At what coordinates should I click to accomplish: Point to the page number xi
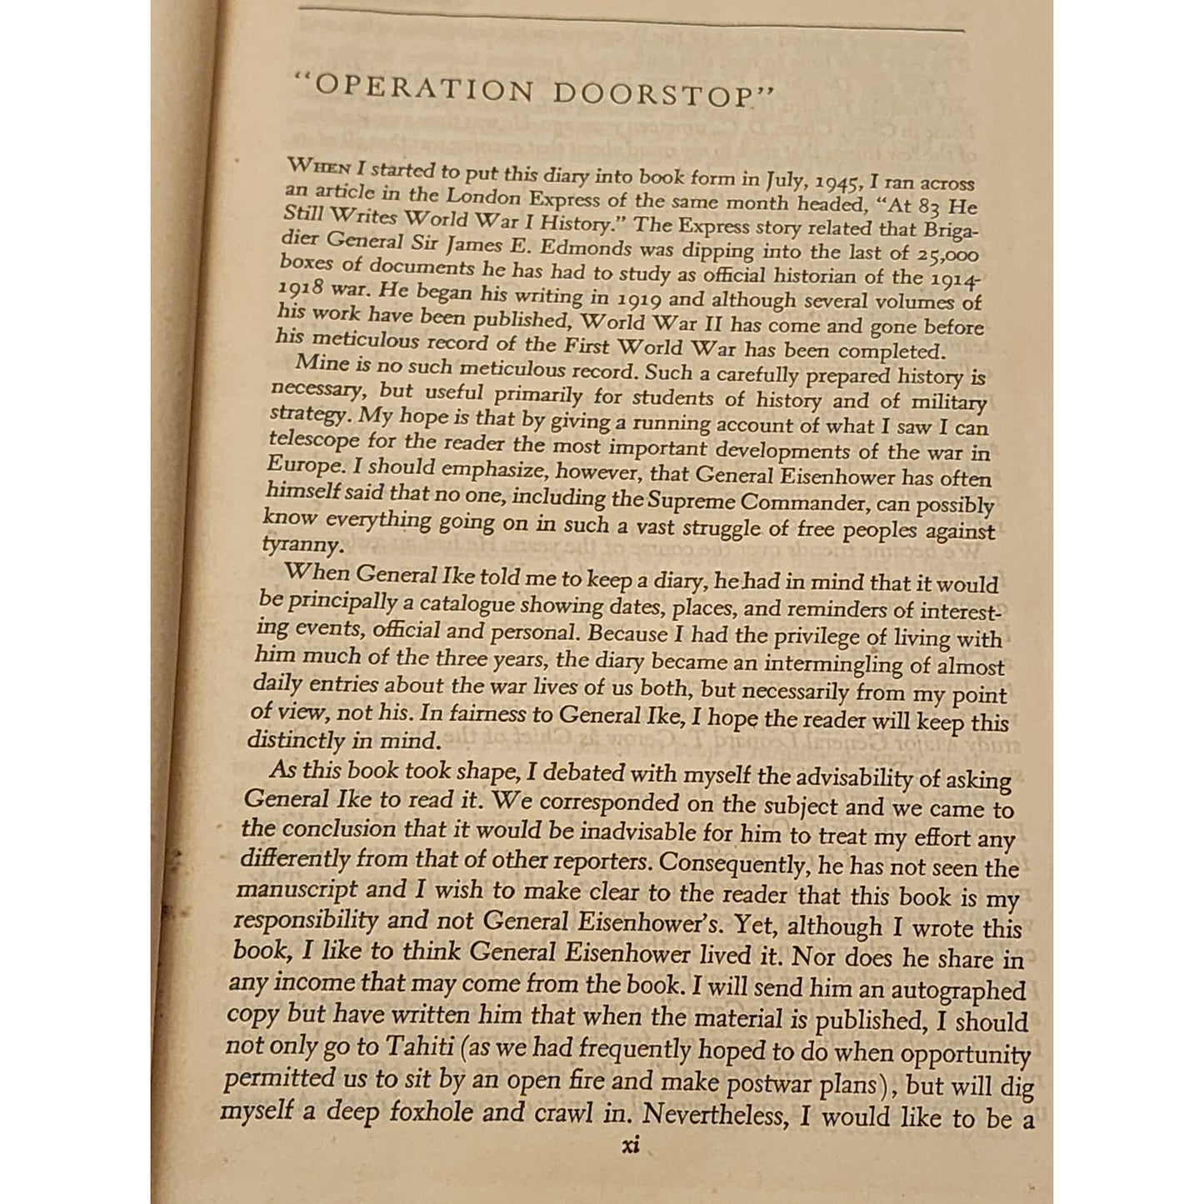631,1147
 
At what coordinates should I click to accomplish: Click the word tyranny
302,545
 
